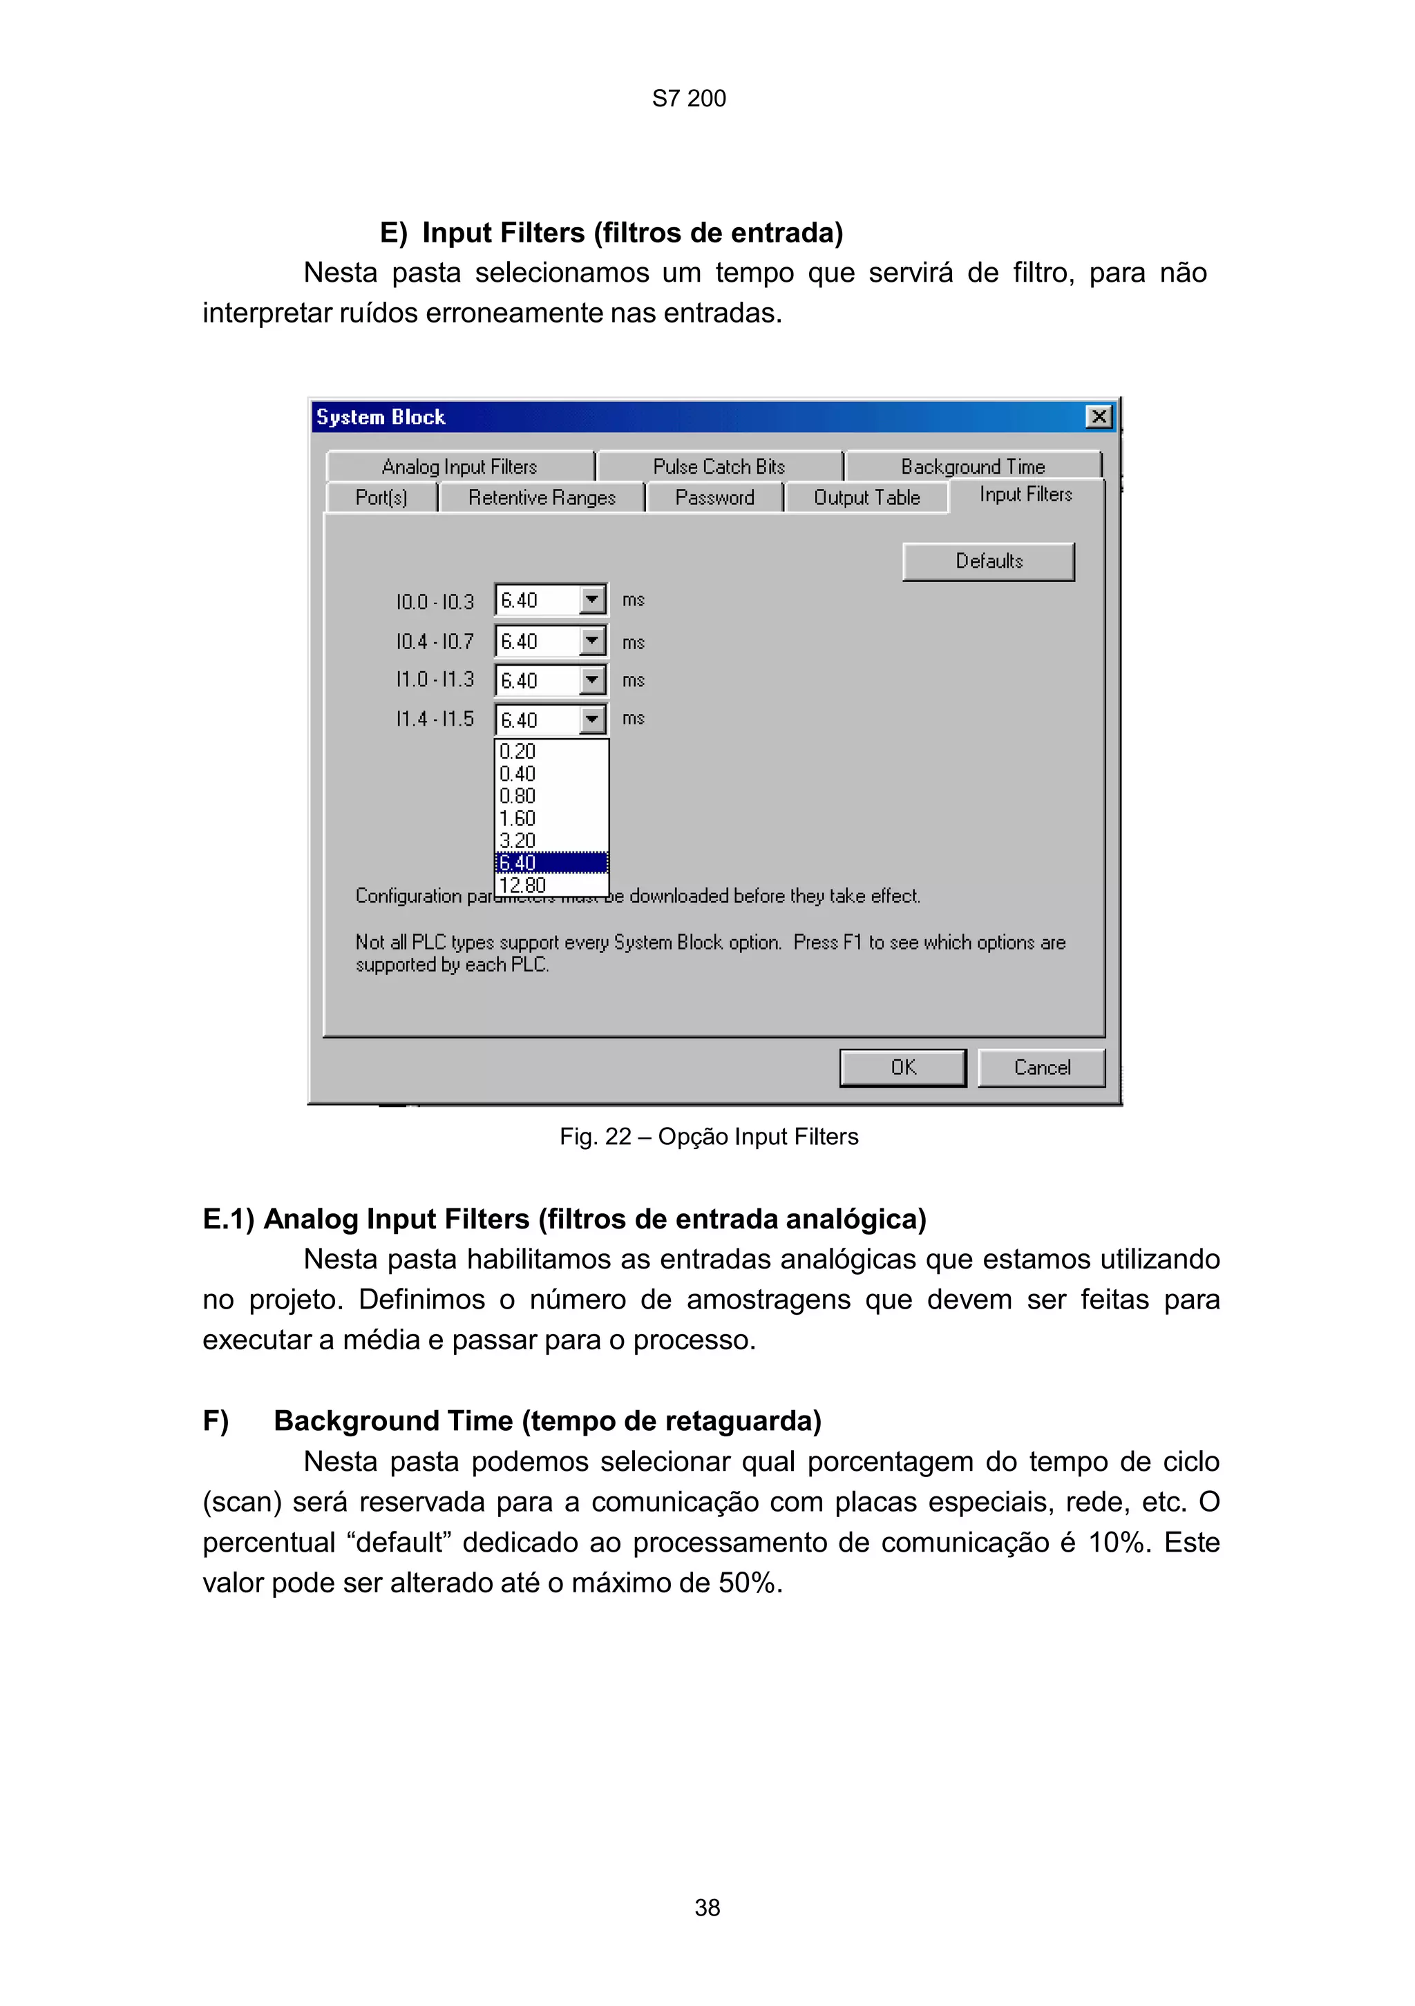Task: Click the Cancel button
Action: coord(1041,1067)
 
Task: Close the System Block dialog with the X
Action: coord(1098,417)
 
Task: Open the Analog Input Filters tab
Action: coord(459,467)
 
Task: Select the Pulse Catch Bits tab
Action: coord(719,467)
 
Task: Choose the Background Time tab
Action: coord(972,467)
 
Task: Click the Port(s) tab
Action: coord(381,497)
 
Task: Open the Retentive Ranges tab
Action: coord(541,497)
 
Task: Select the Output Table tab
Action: coord(866,497)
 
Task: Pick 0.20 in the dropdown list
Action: coord(517,751)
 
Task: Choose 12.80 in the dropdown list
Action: coord(522,885)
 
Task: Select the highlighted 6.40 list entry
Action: coord(517,862)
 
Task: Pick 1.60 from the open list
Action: coord(517,819)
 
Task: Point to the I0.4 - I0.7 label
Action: coord(435,642)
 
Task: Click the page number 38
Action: coord(707,1907)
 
